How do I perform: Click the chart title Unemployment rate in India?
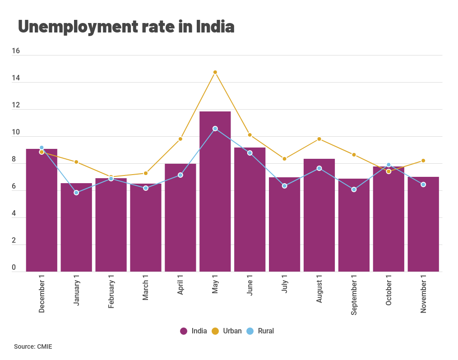(126, 27)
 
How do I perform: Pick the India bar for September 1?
(354, 225)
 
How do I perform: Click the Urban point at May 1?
(215, 72)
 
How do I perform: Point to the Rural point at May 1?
(215, 129)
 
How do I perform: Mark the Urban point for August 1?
(319, 139)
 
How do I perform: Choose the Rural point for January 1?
(76, 193)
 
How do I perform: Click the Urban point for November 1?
(423, 161)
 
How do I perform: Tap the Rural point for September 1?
(354, 189)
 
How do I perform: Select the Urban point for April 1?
(180, 139)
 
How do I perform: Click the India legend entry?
(194, 331)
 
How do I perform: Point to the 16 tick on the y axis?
(16, 51)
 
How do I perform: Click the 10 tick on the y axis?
(16, 133)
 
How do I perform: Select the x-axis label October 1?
(389, 293)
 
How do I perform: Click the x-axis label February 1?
(111, 294)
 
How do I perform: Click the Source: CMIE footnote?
(33, 347)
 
